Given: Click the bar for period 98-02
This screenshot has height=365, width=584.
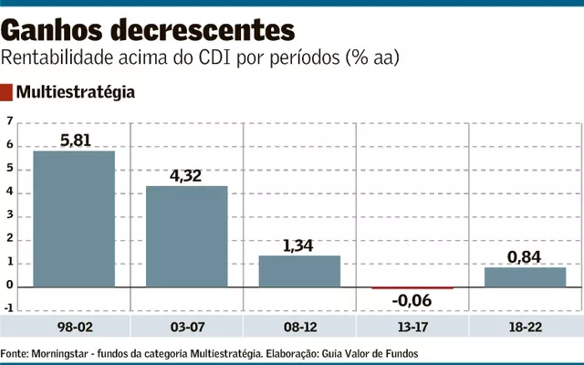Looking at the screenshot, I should (x=74, y=219).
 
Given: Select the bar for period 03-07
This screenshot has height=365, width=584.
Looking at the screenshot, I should (x=187, y=236).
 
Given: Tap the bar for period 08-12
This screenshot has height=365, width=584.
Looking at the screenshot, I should (x=299, y=271).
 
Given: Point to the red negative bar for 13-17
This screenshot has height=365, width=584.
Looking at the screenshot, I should (x=412, y=287).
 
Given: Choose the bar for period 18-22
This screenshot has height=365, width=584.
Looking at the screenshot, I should (x=525, y=276).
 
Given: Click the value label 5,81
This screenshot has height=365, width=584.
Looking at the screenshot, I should (x=75, y=141).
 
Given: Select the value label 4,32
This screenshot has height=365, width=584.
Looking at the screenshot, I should (x=187, y=175).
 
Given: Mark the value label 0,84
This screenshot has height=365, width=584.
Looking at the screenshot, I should (x=525, y=256).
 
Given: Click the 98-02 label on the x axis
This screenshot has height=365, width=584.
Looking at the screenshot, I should (x=74, y=326).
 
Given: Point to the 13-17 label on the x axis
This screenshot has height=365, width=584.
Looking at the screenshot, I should (x=412, y=326).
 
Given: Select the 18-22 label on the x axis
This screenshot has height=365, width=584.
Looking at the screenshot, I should (x=525, y=326).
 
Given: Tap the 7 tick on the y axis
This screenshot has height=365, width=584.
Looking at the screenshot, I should (x=10, y=121).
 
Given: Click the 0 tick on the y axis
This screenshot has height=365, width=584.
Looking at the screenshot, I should (x=10, y=287).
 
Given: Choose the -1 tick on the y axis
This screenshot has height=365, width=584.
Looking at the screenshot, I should (x=8, y=309).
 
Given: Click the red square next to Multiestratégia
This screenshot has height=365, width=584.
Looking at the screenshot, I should (x=7, y=92).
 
